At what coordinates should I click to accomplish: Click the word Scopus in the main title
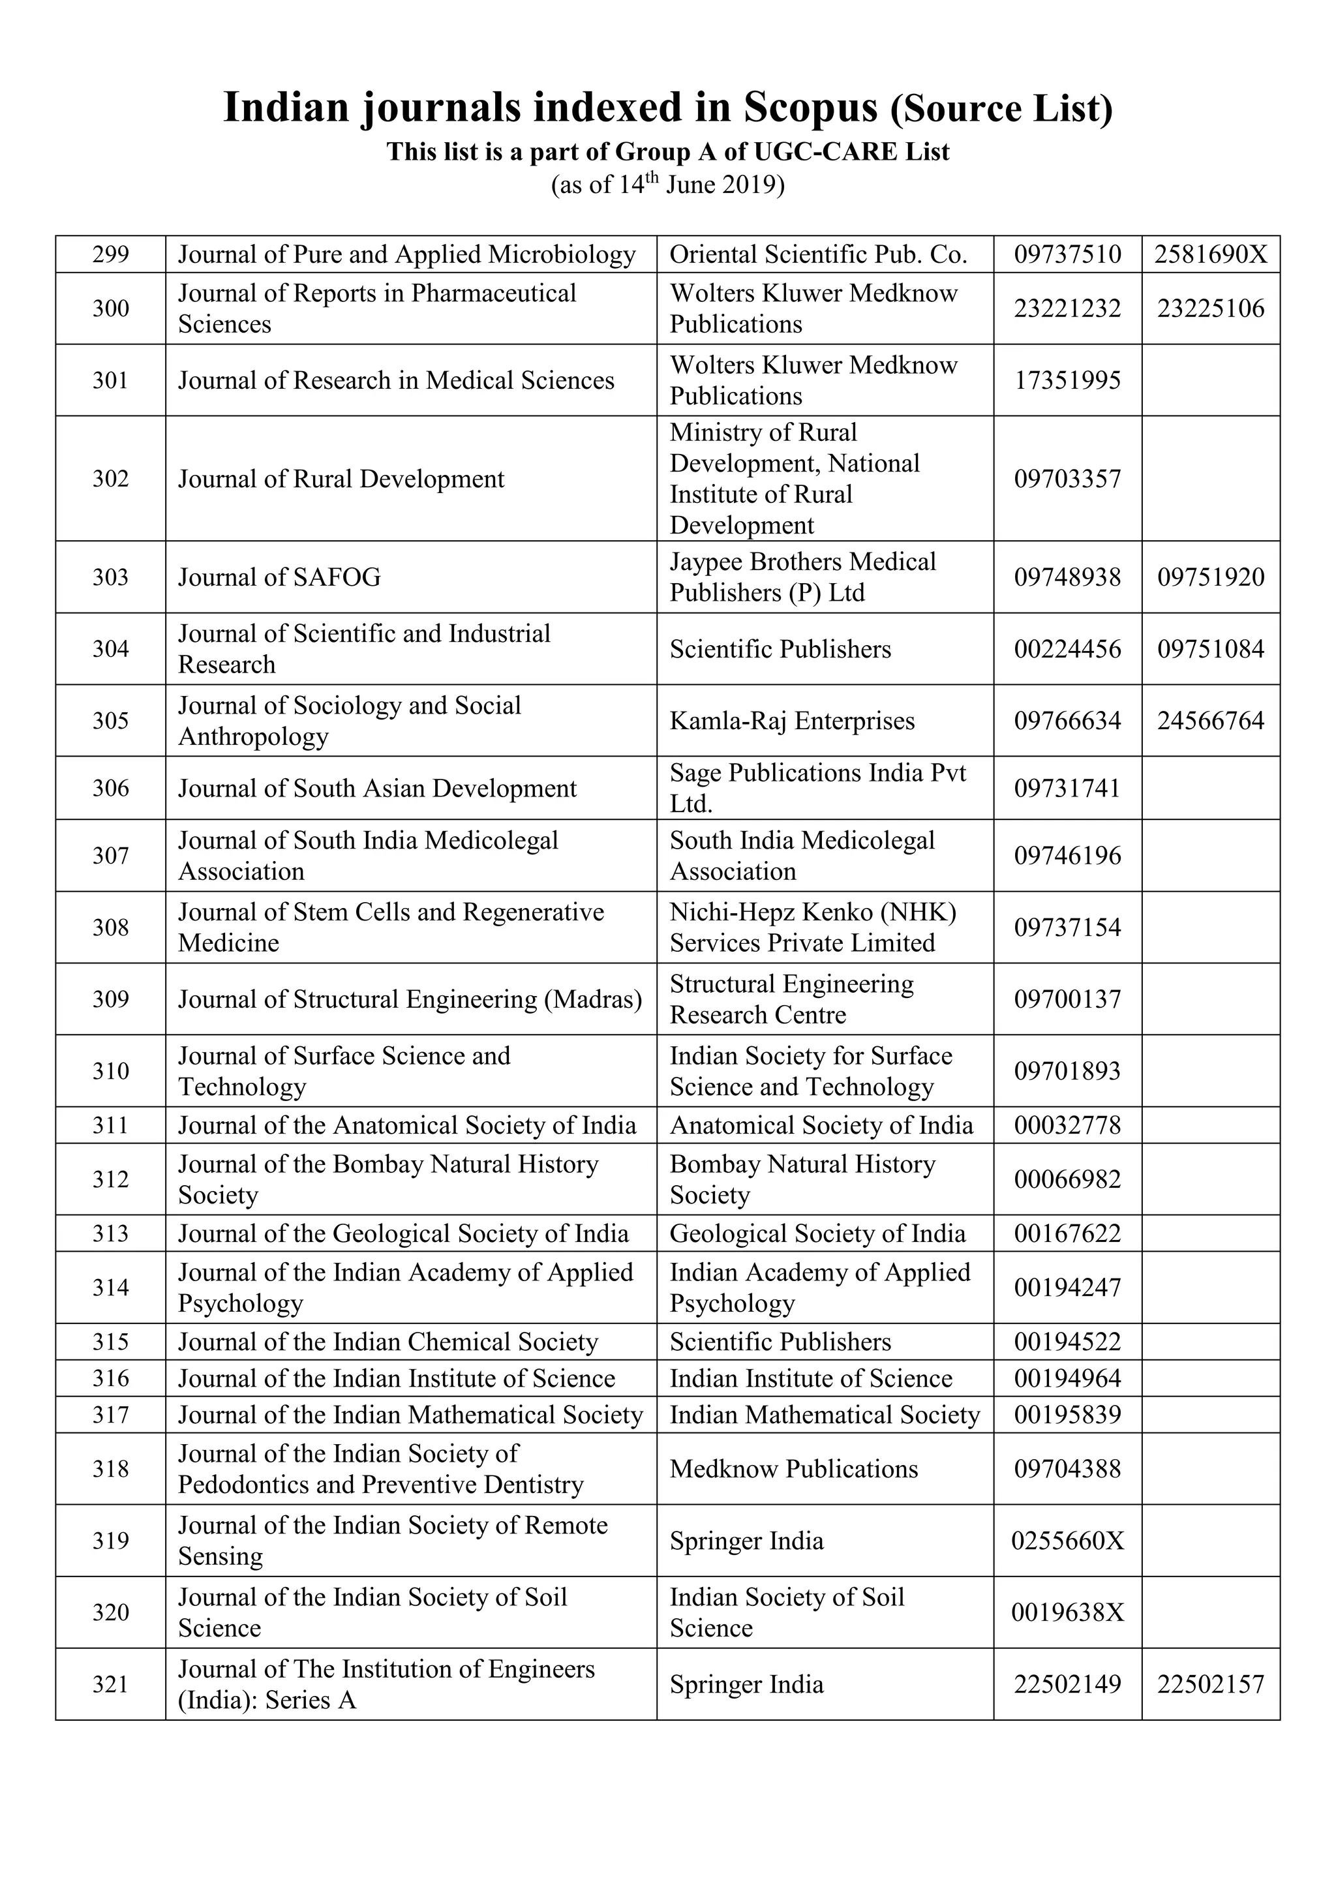tap(810, 108)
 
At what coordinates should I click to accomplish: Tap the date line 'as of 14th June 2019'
tap(667, 185)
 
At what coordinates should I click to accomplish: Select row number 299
tap(110, 254)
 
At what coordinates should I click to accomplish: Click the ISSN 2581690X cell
tap(1210, 254)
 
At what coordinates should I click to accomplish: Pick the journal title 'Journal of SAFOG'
tap(280, 577)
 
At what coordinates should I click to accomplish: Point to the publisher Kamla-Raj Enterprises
tap(791, 721)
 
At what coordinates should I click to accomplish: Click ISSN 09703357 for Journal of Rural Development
tap(1067, 479)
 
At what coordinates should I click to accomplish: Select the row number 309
tap(110, 999)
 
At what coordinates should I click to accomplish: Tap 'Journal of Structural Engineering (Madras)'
tap(410, 999)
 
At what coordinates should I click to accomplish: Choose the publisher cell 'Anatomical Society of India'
tap(821, 1125)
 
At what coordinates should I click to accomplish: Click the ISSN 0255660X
tap(1067, 1540)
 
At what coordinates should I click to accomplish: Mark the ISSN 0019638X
tap(1067, 1612)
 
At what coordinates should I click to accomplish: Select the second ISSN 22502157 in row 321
tap(1210, 1684)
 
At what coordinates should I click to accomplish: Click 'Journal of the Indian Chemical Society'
tap(387, 1342)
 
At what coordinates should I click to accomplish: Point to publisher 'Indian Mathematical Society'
tap(825, 1414)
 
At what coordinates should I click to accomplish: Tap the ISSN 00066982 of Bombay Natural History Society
tap(1067, 1179)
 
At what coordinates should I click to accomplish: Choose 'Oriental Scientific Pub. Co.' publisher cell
tap(818, 254)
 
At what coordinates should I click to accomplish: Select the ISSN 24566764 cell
tap(1210, 721)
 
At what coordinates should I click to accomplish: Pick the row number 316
tap(110, 1378)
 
